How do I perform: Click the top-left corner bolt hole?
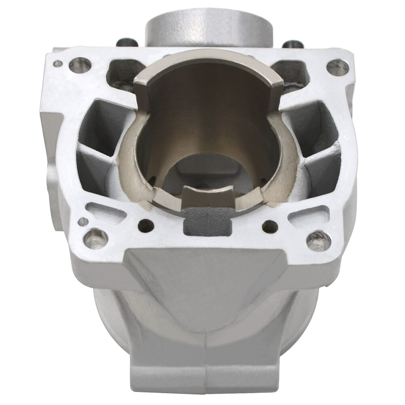coord(80,65)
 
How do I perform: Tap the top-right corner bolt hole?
coord(337,68)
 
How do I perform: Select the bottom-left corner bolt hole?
coord(95,238)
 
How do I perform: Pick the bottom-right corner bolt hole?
coord(318,241)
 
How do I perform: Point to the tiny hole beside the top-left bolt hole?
coord(58,64)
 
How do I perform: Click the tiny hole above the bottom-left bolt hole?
coord(83,221)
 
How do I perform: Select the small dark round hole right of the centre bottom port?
coord(270,226)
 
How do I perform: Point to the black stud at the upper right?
coord(293,44)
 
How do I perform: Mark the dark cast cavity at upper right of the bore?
coord(292,74)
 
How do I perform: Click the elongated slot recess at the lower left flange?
coord(106,212)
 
